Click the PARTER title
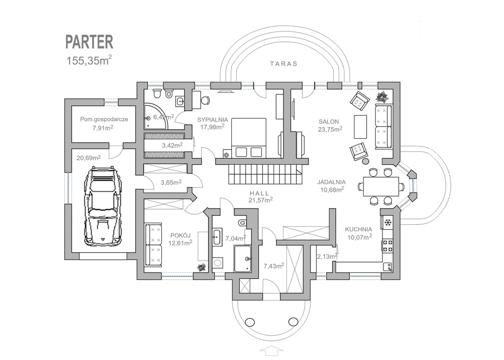(90, 42)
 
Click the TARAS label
(284, 63)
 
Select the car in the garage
(102, 206)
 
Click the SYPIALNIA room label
(213, 120)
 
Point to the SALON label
(328, 121)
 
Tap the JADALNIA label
(331, 182)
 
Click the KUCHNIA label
(358, 229)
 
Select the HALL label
(259, 193)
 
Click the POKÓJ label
(180, 236)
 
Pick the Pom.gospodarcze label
(104, 119)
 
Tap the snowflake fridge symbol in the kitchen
(388, 222)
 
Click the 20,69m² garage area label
(89, 158)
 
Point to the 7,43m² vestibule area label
(274, 266)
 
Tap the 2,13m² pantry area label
(327, 256)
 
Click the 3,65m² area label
(171, 182)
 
